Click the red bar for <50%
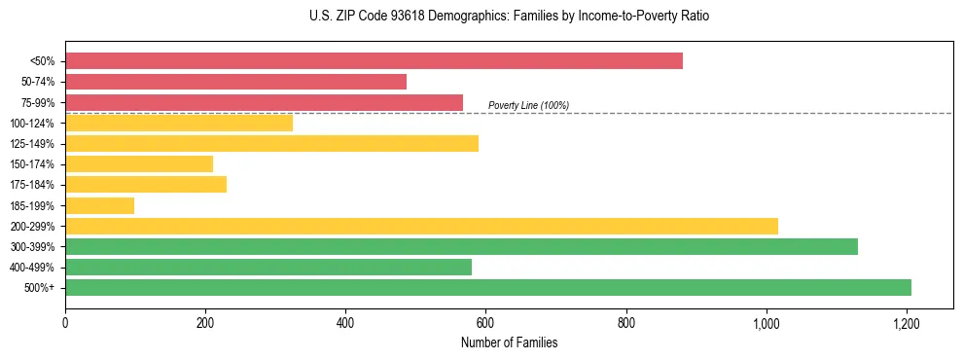pyautogui.click(x=374, y=61)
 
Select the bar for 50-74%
pyautogui.click(x=235, y=82)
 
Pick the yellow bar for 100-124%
pyautogui.click(x=179, y=124)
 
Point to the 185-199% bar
pyautogui.click(x=99, y=205)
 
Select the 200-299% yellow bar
pyautogui.click(x=421, y=227)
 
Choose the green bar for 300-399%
pyautogui.click(x=461, y=247)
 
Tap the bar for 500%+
pyautogui.click(x=488, y=288)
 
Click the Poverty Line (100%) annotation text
pyautogui.click(x=528, y=105)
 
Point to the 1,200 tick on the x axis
pyautogui.click(x=907, y=322)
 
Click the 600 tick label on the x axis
pyautogui.click(x=485, y=322)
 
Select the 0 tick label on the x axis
pyautogui.click(x=65, y=322)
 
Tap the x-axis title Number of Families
pyautogui.click(x=509, y=343)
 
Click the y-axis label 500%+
pyautogui.click(x=40, y=288)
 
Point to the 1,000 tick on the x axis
pyautogui.click(x=767, y=322)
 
